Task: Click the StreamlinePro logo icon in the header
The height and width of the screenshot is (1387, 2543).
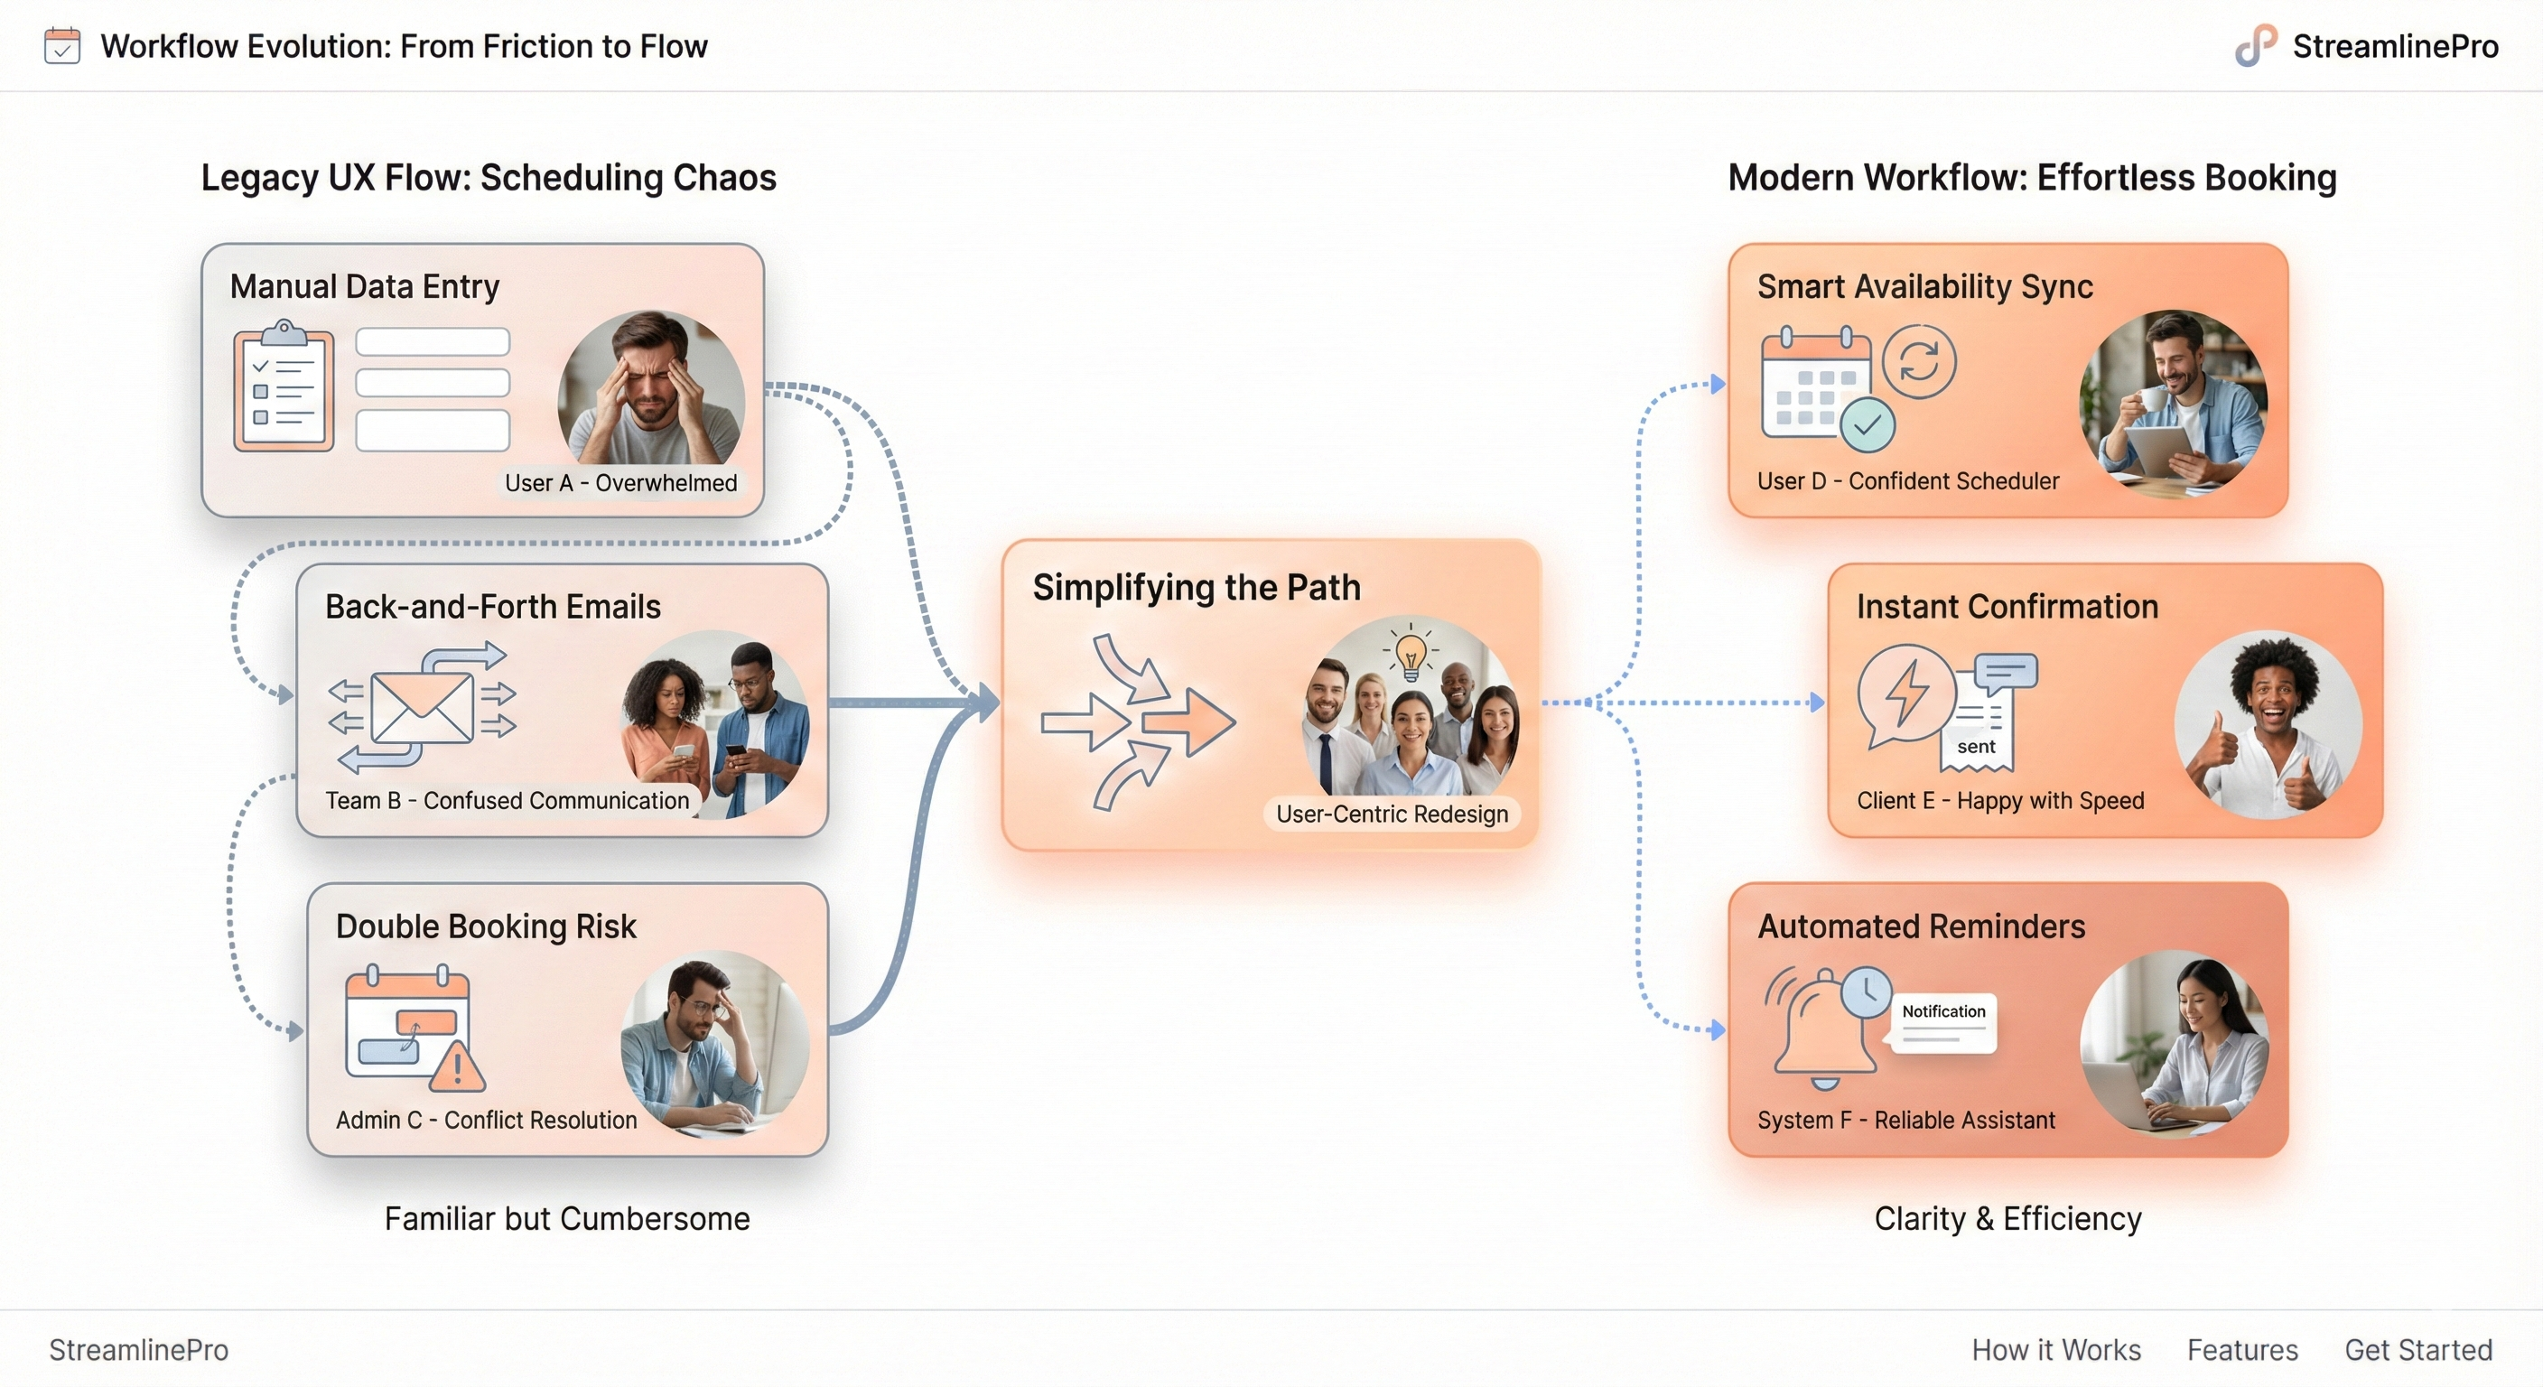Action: (x=2256, y=45)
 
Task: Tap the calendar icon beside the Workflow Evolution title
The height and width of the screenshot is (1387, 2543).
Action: (x=62, y=46)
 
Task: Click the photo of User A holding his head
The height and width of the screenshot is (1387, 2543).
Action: (x=651, y=389)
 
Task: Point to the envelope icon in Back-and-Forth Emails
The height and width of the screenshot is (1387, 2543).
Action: (x=422, y=707)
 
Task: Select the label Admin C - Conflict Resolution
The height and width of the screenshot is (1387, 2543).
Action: (x=486, y=1120)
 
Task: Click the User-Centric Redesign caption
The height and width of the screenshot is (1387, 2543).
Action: (x=1391, y=814)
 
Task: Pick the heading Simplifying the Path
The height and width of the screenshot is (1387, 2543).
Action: (x=1197, y=587)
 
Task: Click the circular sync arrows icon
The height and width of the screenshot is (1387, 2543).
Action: (x=1918, y=361)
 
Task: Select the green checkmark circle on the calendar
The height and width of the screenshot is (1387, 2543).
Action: (x=1867, y=425)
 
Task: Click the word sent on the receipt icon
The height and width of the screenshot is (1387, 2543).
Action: (x=1975, y=746)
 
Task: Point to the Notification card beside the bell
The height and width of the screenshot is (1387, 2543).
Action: (x=1942, y=1022)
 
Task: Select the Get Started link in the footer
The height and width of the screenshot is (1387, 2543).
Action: (x=2417, y=1349)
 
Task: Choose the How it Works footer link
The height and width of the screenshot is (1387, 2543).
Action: (x=2055, y=1349)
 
